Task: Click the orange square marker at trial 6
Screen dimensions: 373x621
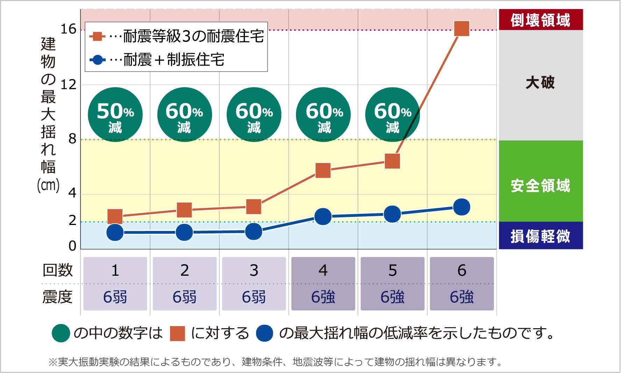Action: click(x=461, y=29)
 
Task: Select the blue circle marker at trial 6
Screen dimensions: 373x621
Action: click(x=461, y=207)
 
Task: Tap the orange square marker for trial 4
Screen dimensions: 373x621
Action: click(x=323, y=170)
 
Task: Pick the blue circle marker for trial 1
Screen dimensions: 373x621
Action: click(x=115, y=232)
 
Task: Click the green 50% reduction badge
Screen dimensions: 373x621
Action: click(x=115, y=115)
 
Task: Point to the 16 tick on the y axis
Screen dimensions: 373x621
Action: click(x=68, y=29)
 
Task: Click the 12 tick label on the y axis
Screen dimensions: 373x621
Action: click(x=68, y=85)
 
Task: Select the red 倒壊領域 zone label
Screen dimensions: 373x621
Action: click(x=540, y=20)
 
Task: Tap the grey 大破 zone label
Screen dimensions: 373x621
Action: click(x=540, y=83)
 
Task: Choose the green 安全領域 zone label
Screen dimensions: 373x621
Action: click(x=540, y=185)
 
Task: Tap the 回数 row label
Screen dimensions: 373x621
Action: click(x=58, y=270)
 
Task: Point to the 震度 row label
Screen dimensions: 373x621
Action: click(x=58, y=297)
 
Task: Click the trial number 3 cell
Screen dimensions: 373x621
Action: click(x=254, y=270)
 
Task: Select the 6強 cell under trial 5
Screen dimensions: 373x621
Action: click(x=392, y=297)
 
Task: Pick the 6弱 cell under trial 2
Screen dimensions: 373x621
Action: click(x=184, y=297)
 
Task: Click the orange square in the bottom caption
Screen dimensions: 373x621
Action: click(x=177, y=333)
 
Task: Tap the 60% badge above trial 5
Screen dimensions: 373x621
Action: click(x=392, y=115)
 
